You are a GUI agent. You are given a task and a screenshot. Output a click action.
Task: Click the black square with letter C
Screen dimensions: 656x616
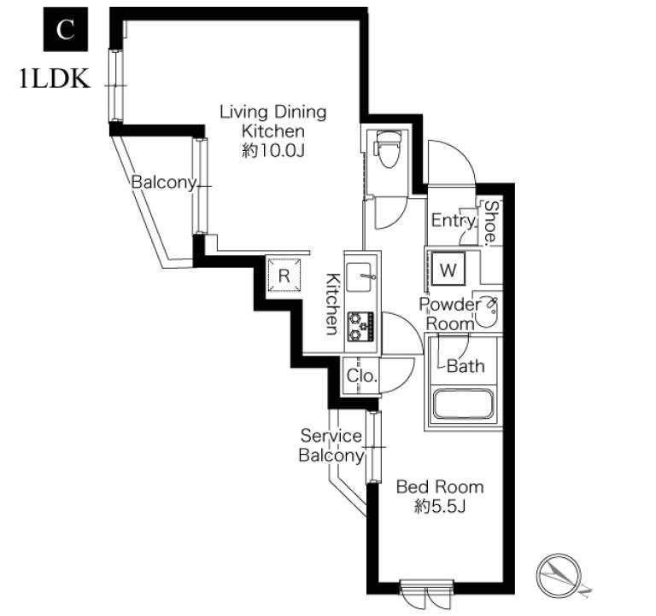pos(66,29)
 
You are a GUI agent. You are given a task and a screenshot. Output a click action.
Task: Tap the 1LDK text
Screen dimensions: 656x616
pos(55,78)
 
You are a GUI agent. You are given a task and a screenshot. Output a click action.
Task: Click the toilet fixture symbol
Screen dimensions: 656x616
pos(387,149)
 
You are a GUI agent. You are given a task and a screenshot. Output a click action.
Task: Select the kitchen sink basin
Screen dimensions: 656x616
pos(359,277)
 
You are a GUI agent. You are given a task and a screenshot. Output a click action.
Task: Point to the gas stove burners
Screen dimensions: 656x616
pos(360,326)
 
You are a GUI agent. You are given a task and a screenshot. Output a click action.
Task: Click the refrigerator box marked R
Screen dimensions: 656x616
pos(284,276)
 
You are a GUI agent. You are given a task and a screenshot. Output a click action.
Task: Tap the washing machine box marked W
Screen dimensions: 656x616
pos(448,269)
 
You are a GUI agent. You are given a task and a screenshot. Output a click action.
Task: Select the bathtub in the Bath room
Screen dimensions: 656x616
pos(462,404)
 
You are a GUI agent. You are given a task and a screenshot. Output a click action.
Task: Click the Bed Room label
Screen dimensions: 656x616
pos(440,487)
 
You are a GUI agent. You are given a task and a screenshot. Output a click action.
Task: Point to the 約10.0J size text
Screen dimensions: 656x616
pos(272,151)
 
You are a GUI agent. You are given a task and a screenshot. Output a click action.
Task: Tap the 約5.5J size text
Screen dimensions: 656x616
pos(440,507)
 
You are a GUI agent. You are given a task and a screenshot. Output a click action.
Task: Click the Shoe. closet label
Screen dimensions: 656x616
pos(491,223)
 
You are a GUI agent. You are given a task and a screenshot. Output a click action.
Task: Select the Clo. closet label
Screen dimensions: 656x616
pos(362,376)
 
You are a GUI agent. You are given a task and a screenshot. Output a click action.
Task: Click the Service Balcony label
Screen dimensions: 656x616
pos(331,445)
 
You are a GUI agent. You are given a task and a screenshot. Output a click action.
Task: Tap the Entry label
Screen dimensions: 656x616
pos(454,220)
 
